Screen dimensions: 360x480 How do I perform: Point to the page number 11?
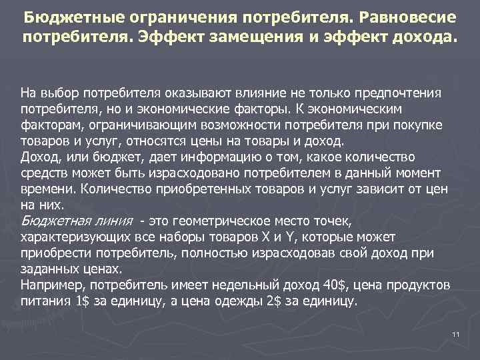pyautogui.click(x=456, y=333)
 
